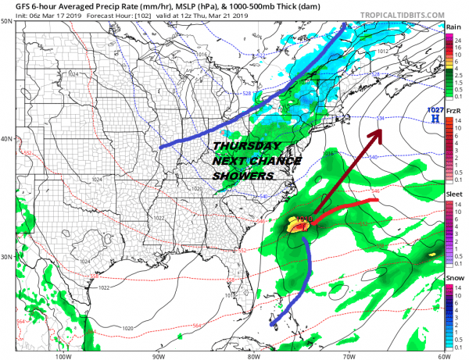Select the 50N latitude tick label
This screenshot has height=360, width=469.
pos(8,21)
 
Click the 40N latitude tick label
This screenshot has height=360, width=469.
pos(8,139)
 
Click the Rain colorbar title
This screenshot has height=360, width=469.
pos(453,27)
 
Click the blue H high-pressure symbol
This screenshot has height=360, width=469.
pos(434,119)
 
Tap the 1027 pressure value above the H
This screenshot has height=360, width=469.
pos(434,111)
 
